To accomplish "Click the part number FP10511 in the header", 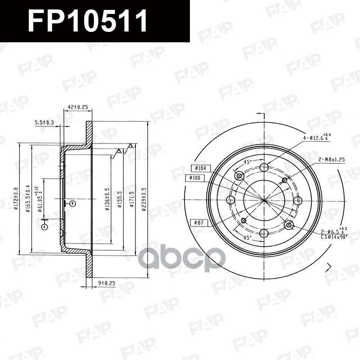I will tap(88, 21).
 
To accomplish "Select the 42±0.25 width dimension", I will tap(77, 107).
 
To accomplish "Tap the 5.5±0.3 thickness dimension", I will tap(44, 122).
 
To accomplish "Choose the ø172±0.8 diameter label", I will tap(16, 198).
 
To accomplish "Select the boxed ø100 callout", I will tap(198, 178).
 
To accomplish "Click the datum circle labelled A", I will tap(44, 227).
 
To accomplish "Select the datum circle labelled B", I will tap(72, 203).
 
